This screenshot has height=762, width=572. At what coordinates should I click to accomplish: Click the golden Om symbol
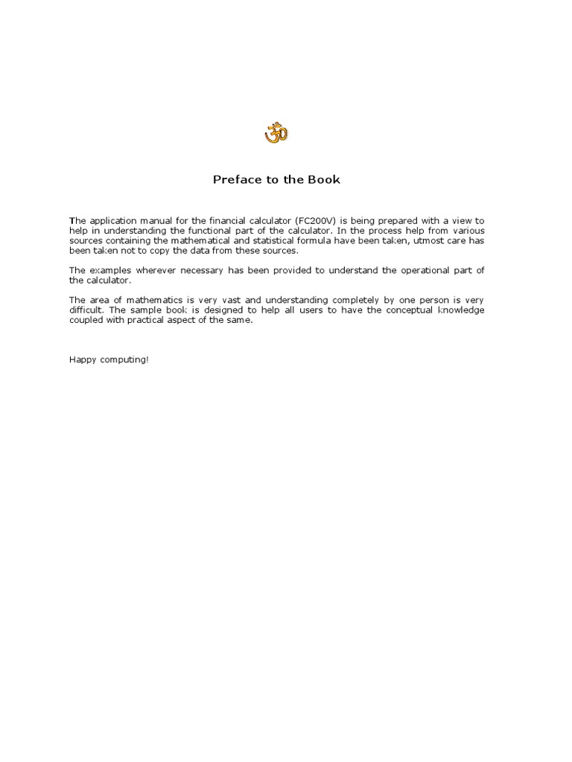pos(276,134)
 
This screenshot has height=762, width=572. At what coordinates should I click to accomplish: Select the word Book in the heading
pos(325,179)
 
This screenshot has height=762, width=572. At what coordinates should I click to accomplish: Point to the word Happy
pos(82,359)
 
